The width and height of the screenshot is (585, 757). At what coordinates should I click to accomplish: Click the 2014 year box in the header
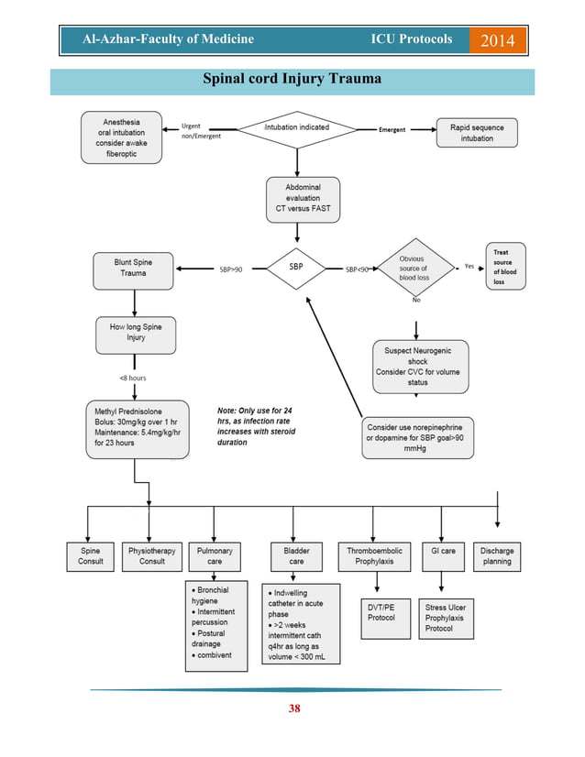tap(498, 40)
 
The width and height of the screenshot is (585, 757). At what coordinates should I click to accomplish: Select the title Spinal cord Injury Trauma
tap(292, 80)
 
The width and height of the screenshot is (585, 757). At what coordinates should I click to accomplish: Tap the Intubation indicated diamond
tap(296, 128)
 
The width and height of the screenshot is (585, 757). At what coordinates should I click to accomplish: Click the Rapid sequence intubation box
tap(477, 132)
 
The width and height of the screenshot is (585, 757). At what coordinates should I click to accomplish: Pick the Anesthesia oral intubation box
tap(122, 137)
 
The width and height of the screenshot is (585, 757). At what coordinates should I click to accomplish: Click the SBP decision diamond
tap(296, 268)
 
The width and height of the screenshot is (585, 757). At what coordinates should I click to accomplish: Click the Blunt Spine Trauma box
tap(134, 269)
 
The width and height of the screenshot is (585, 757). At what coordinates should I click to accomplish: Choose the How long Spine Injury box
tap(135, 335)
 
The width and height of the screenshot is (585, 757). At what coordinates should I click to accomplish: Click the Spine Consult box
tap(91, 555)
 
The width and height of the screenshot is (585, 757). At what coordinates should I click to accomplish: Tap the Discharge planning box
tap(498, 555)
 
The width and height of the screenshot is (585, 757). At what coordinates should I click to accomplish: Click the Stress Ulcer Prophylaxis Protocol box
tap(442, 618)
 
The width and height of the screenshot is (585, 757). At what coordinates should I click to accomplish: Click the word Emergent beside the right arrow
tap(392, 129)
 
